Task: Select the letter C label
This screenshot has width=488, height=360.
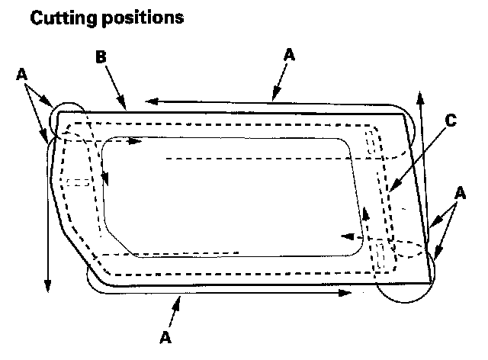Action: [x=452, y=120]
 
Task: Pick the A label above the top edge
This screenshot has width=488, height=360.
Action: [x=288, y=55]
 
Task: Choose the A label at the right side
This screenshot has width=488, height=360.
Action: [x=459, y=194]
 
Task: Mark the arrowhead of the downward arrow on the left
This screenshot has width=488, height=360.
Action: [x=48, y=285]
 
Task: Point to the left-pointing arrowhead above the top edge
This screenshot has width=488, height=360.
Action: [x=151, y=100]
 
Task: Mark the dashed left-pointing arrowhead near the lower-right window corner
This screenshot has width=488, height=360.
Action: [x=342, y=236]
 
